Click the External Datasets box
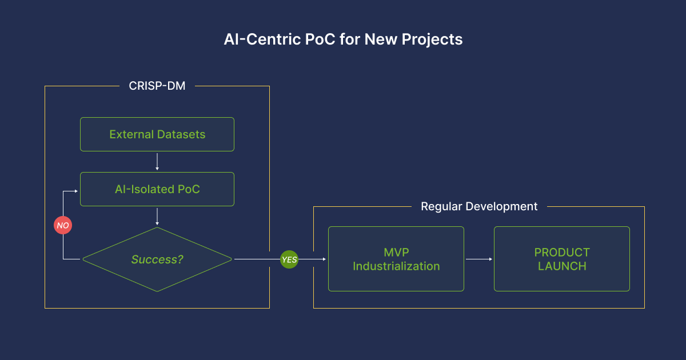(x=157, y=134)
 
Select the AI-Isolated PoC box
(x=157, y=189)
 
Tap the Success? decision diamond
(x=157, y=259)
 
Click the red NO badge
(x=63, y=225)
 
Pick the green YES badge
(x=289, y=259)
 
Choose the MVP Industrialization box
(x=396, y=259)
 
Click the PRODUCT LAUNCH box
(x=562, y=259)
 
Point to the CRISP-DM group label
(x=157, y=86)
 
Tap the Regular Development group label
(x=479, y=207)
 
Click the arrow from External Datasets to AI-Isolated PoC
(x=157, y=162)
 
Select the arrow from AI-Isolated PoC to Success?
(x=157, y=217)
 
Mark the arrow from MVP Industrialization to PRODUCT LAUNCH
(x=479, y=259)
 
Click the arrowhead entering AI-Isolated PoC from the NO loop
(x=76, y=191)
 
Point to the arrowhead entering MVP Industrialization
(x=324, y=259)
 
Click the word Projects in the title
(x=432, y=39)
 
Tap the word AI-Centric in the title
(x=262, y=39)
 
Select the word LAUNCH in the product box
(x=563, y=266)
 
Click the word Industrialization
(x=396, y=266)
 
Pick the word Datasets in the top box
(x=181, y=134)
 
